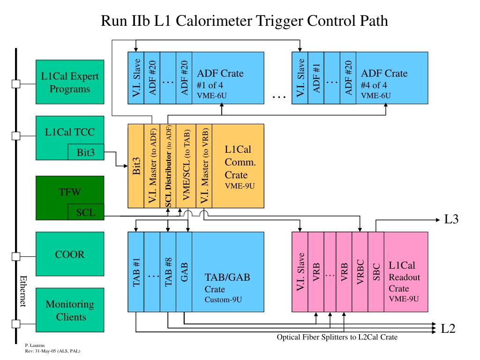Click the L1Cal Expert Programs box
tap(70, 82)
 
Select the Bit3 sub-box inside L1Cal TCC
tap(86, 152)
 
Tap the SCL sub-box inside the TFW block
tap(86, 212)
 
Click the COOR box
tap(70, 254)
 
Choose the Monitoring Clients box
tap(70, 310)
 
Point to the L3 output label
tap(451, 219)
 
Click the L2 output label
tap(448, 329)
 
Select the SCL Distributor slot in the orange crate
tap(168, 166)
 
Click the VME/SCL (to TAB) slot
tap(186, 166)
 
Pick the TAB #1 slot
tap(136, 272)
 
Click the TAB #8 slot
tap(168, 272)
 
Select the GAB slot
tap(184, 272)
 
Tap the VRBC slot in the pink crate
tap(360, 272)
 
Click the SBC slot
tap(376, 272)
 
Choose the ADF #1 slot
tap(316, 78)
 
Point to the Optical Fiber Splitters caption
tap(337, 337)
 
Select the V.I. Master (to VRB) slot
tap(204, 166)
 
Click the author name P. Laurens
tap(35, 345)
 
